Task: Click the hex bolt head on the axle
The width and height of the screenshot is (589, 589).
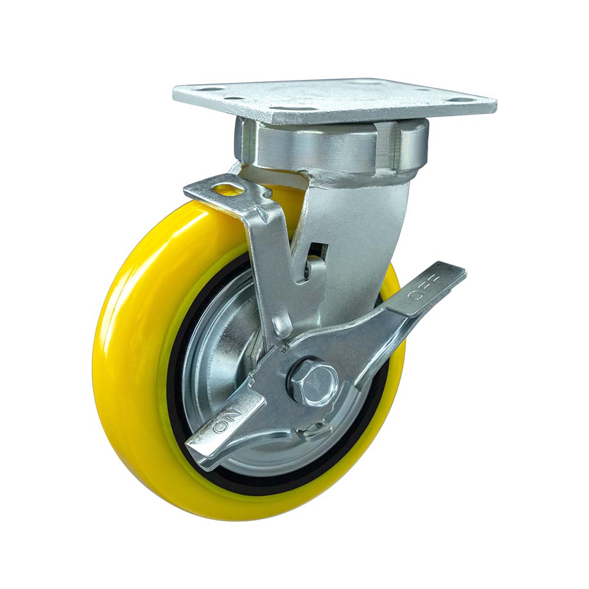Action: pyautogui.click(x=312, y=381)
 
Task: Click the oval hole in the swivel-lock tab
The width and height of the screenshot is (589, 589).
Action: pyautogui.click(x=227, y=189)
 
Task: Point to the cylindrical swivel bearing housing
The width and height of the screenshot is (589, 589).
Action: pyautogui.click(x=330, y=147)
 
